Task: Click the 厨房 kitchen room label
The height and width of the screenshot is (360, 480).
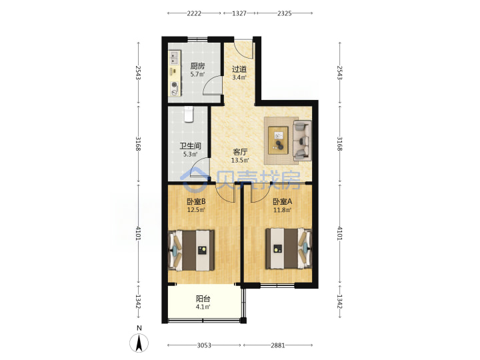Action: [x=197, y=66]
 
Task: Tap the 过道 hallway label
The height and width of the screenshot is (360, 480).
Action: [x=239, y=69]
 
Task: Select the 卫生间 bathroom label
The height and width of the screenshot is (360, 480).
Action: [x=190, y=146]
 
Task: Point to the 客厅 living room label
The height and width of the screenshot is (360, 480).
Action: [x=240, y=152]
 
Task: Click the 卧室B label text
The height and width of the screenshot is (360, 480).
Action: [x=196, y=201]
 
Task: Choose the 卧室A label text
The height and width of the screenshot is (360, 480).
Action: [x=282, y=201]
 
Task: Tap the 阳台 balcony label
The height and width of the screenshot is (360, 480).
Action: [x=203, y=299]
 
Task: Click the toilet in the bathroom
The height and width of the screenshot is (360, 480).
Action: [x=189, y=115]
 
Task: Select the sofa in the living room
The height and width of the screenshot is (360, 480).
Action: [x=303, y=141]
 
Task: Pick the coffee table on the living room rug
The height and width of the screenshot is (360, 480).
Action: [x=278, y=140]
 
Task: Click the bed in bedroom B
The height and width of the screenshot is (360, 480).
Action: [x=191, y=251]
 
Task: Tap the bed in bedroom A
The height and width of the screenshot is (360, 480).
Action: [x=289, y=249]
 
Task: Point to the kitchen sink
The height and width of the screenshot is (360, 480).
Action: [x=174, y=58]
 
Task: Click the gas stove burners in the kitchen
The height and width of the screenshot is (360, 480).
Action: [x=175, y=89]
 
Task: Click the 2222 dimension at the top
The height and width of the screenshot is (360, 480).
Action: [x=195, y=13]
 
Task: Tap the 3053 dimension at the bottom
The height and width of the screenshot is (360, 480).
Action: [x=204, y=345]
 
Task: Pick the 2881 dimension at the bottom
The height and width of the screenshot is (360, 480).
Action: [x=278, y=345]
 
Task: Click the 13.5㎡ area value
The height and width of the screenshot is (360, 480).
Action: [x=240, y=160]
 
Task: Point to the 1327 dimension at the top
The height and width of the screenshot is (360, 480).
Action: [x=239, y=13]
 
